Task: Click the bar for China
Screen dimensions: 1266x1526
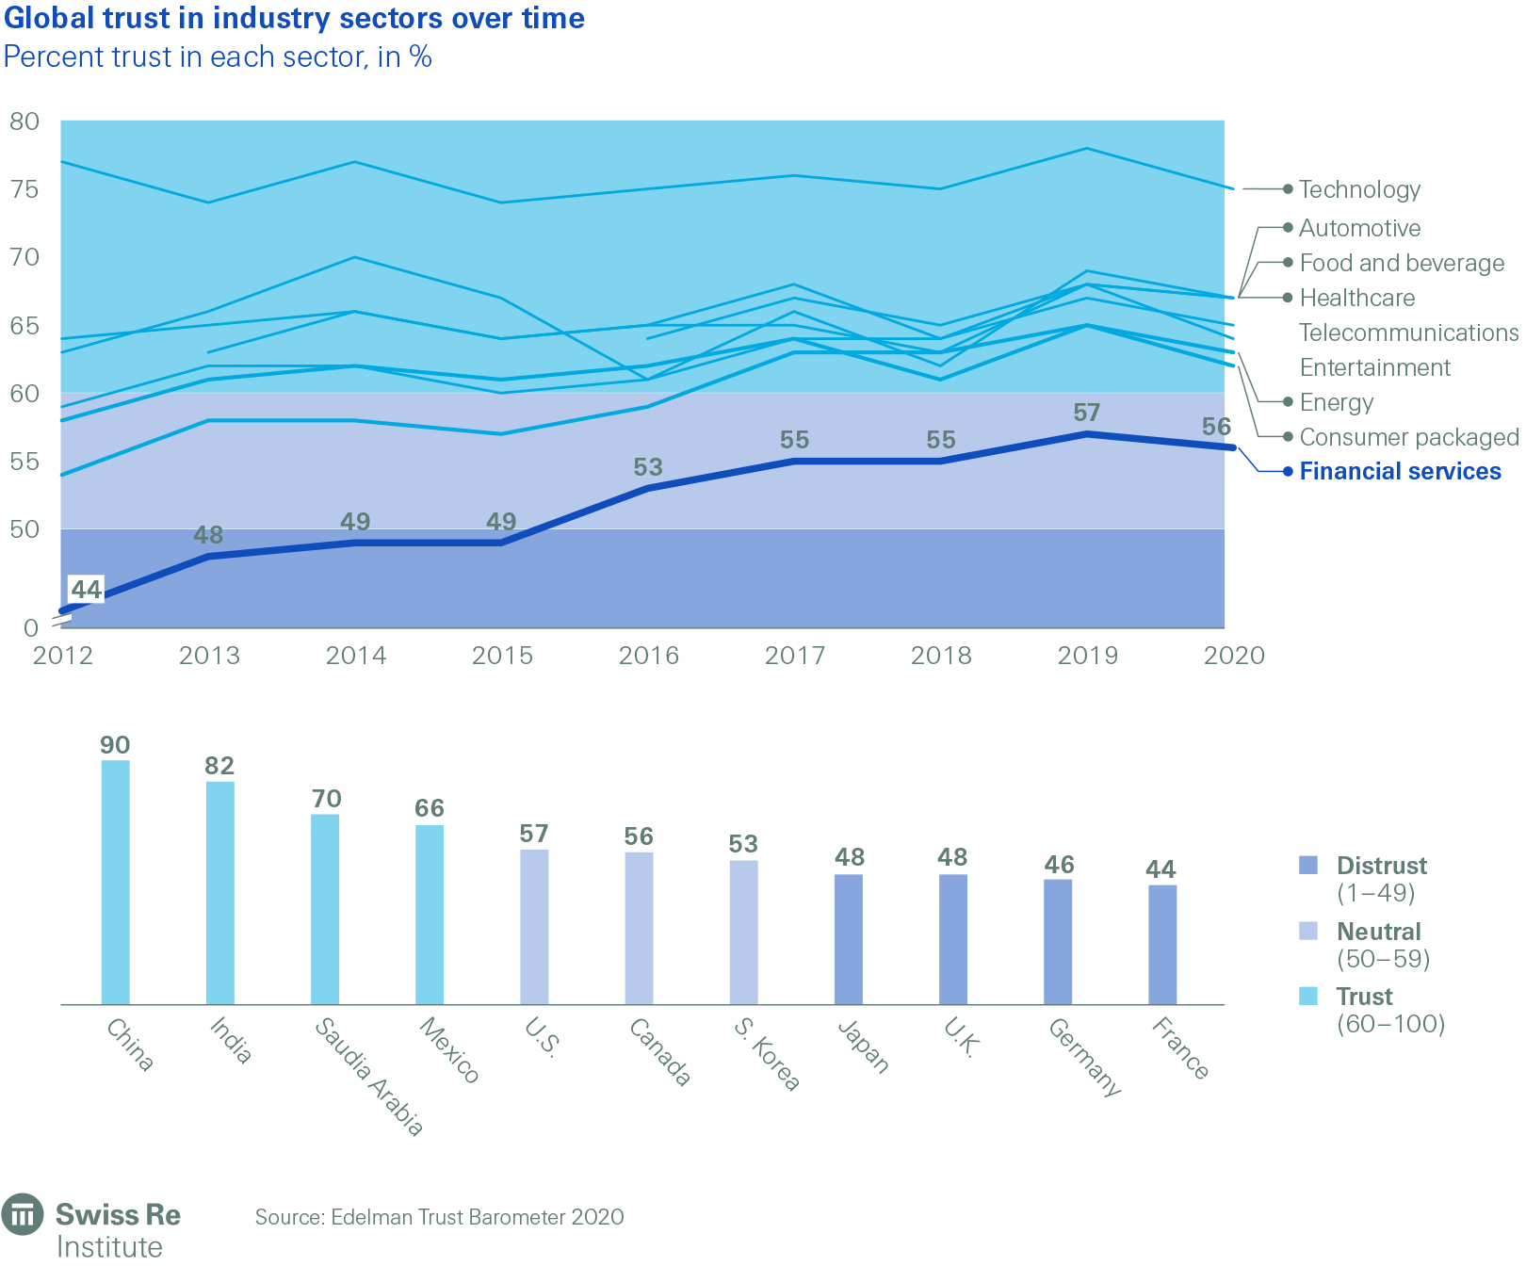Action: click(x=116, y=882)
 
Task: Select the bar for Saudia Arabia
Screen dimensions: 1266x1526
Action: click(x=325, y=909)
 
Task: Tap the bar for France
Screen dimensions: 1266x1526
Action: click(x=1162, y=944)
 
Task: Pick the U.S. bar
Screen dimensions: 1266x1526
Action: click(x=534, y=927)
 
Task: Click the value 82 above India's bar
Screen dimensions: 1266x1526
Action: click(x=219, y=766)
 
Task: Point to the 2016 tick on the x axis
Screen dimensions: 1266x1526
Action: click(x=648, y=656)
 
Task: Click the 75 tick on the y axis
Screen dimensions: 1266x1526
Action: click(x=24, y=189)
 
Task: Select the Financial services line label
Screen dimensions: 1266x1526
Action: click(x=1400, y=472)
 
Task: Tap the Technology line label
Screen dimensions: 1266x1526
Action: click(x=1359, y=190)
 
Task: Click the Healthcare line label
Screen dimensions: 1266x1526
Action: click(x=1356, y=299)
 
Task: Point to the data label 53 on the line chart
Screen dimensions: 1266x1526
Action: click(x=648, y=467)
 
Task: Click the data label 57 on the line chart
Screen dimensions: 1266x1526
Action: click(x=1086, y=413)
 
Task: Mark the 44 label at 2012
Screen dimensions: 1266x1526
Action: click(x=87, y=590)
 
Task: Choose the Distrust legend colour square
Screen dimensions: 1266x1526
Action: click(x=1308, y=866)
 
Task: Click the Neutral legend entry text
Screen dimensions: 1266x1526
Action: click(x=1378, y=932)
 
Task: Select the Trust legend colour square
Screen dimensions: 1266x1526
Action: click(x=1308, y=996)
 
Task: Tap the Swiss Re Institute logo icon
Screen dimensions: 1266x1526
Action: click(x=23, y=1215)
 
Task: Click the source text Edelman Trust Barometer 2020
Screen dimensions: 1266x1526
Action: click(x=439, y=1217)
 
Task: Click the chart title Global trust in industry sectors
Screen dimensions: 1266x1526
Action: click(x=294, y=18)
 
